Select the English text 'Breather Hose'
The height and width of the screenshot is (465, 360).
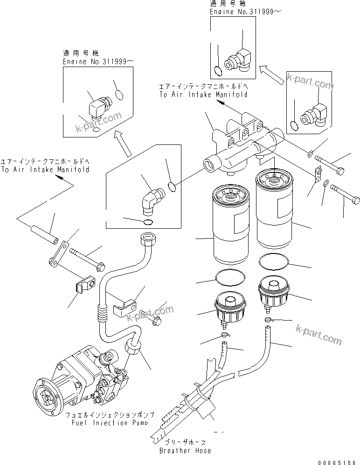pyautogui.click(x=185, y=451)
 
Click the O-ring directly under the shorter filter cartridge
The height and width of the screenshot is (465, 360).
pyautogui.click(x=230, y=280)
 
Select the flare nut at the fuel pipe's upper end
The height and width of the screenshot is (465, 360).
pyautogui.click(x=149, y=239)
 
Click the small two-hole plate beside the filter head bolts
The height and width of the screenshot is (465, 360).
pyautogui.click(x=317, y=173)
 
